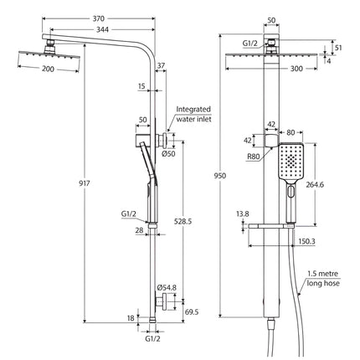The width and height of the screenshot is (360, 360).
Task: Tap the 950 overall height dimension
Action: point(219,177)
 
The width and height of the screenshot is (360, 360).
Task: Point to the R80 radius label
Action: point(253,155)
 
